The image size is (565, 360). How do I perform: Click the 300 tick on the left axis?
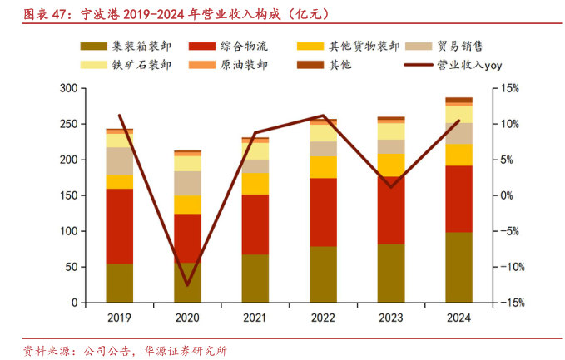[x=69, y=88]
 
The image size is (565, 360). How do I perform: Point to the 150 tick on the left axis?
[x=69, y=195]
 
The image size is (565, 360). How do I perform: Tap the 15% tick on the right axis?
[x=510, y=88]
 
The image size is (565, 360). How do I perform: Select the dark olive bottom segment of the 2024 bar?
[x=458, y=267]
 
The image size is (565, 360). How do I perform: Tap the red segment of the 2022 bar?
[x=323, y=212]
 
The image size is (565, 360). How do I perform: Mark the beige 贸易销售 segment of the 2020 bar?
[x=187, y=183]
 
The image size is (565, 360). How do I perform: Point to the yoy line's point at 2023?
[x=391, y=186]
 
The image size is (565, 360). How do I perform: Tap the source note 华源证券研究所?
[x=185, y=349]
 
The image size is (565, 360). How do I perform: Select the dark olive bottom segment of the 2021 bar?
[x=255, y=279]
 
